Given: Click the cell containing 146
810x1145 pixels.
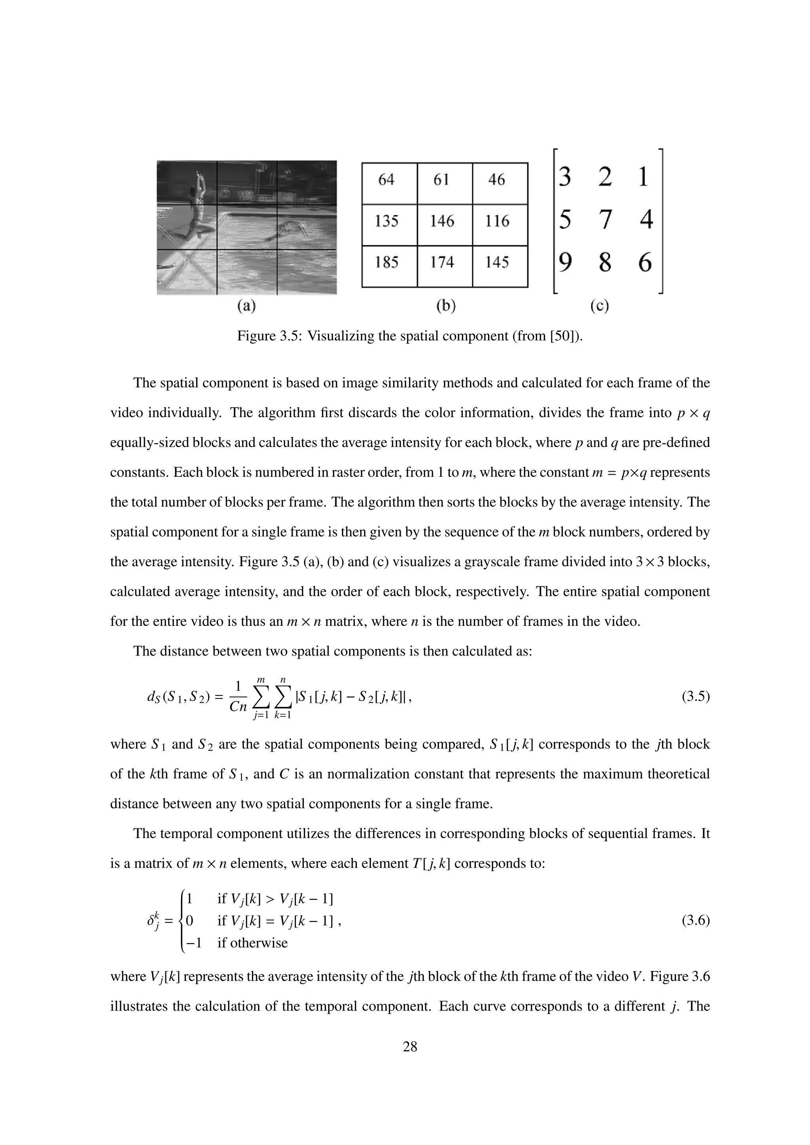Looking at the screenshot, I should click(442, 221).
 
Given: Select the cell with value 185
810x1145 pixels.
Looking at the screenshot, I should click(386, 262).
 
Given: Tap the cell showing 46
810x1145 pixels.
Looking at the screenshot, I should click(496, 179).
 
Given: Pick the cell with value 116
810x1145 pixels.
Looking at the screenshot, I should click(497, 221).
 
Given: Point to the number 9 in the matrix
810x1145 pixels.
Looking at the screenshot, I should click(565, 262).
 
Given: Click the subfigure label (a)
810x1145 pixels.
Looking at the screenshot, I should click(246, 306).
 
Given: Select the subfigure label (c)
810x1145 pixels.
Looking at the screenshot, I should click(600, 306).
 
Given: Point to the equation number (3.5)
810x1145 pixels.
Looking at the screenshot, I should click(695, 697).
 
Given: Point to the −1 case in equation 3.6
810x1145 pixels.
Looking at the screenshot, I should click(193, 943).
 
